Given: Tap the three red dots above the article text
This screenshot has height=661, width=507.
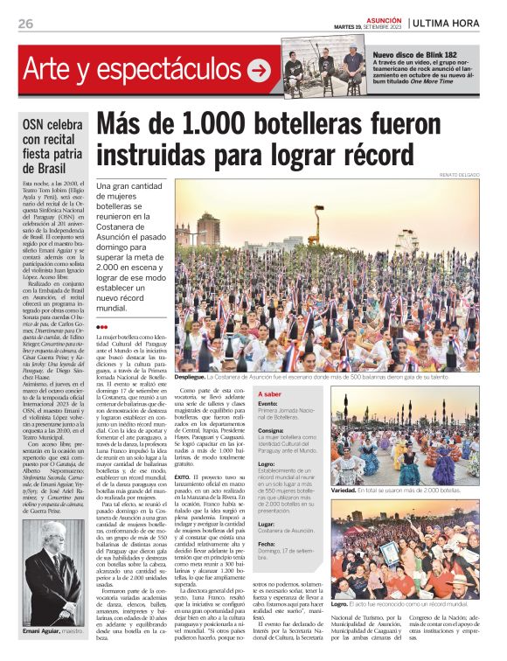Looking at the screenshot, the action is click(102, 327).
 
